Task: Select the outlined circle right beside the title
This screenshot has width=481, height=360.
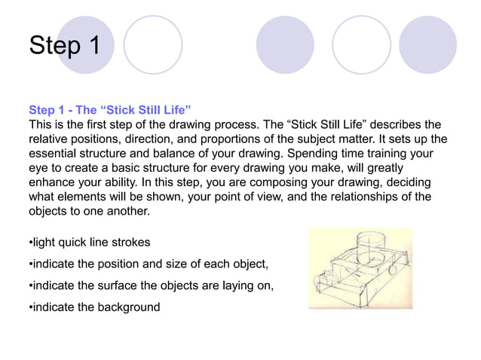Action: tap(153, 44)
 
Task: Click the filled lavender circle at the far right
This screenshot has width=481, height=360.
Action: tap(427, 44)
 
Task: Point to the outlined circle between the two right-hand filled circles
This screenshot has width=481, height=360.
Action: tap(361, 44)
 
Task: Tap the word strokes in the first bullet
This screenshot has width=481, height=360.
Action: tap(130, 243)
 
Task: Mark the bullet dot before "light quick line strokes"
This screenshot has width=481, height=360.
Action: tap(30, 243)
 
